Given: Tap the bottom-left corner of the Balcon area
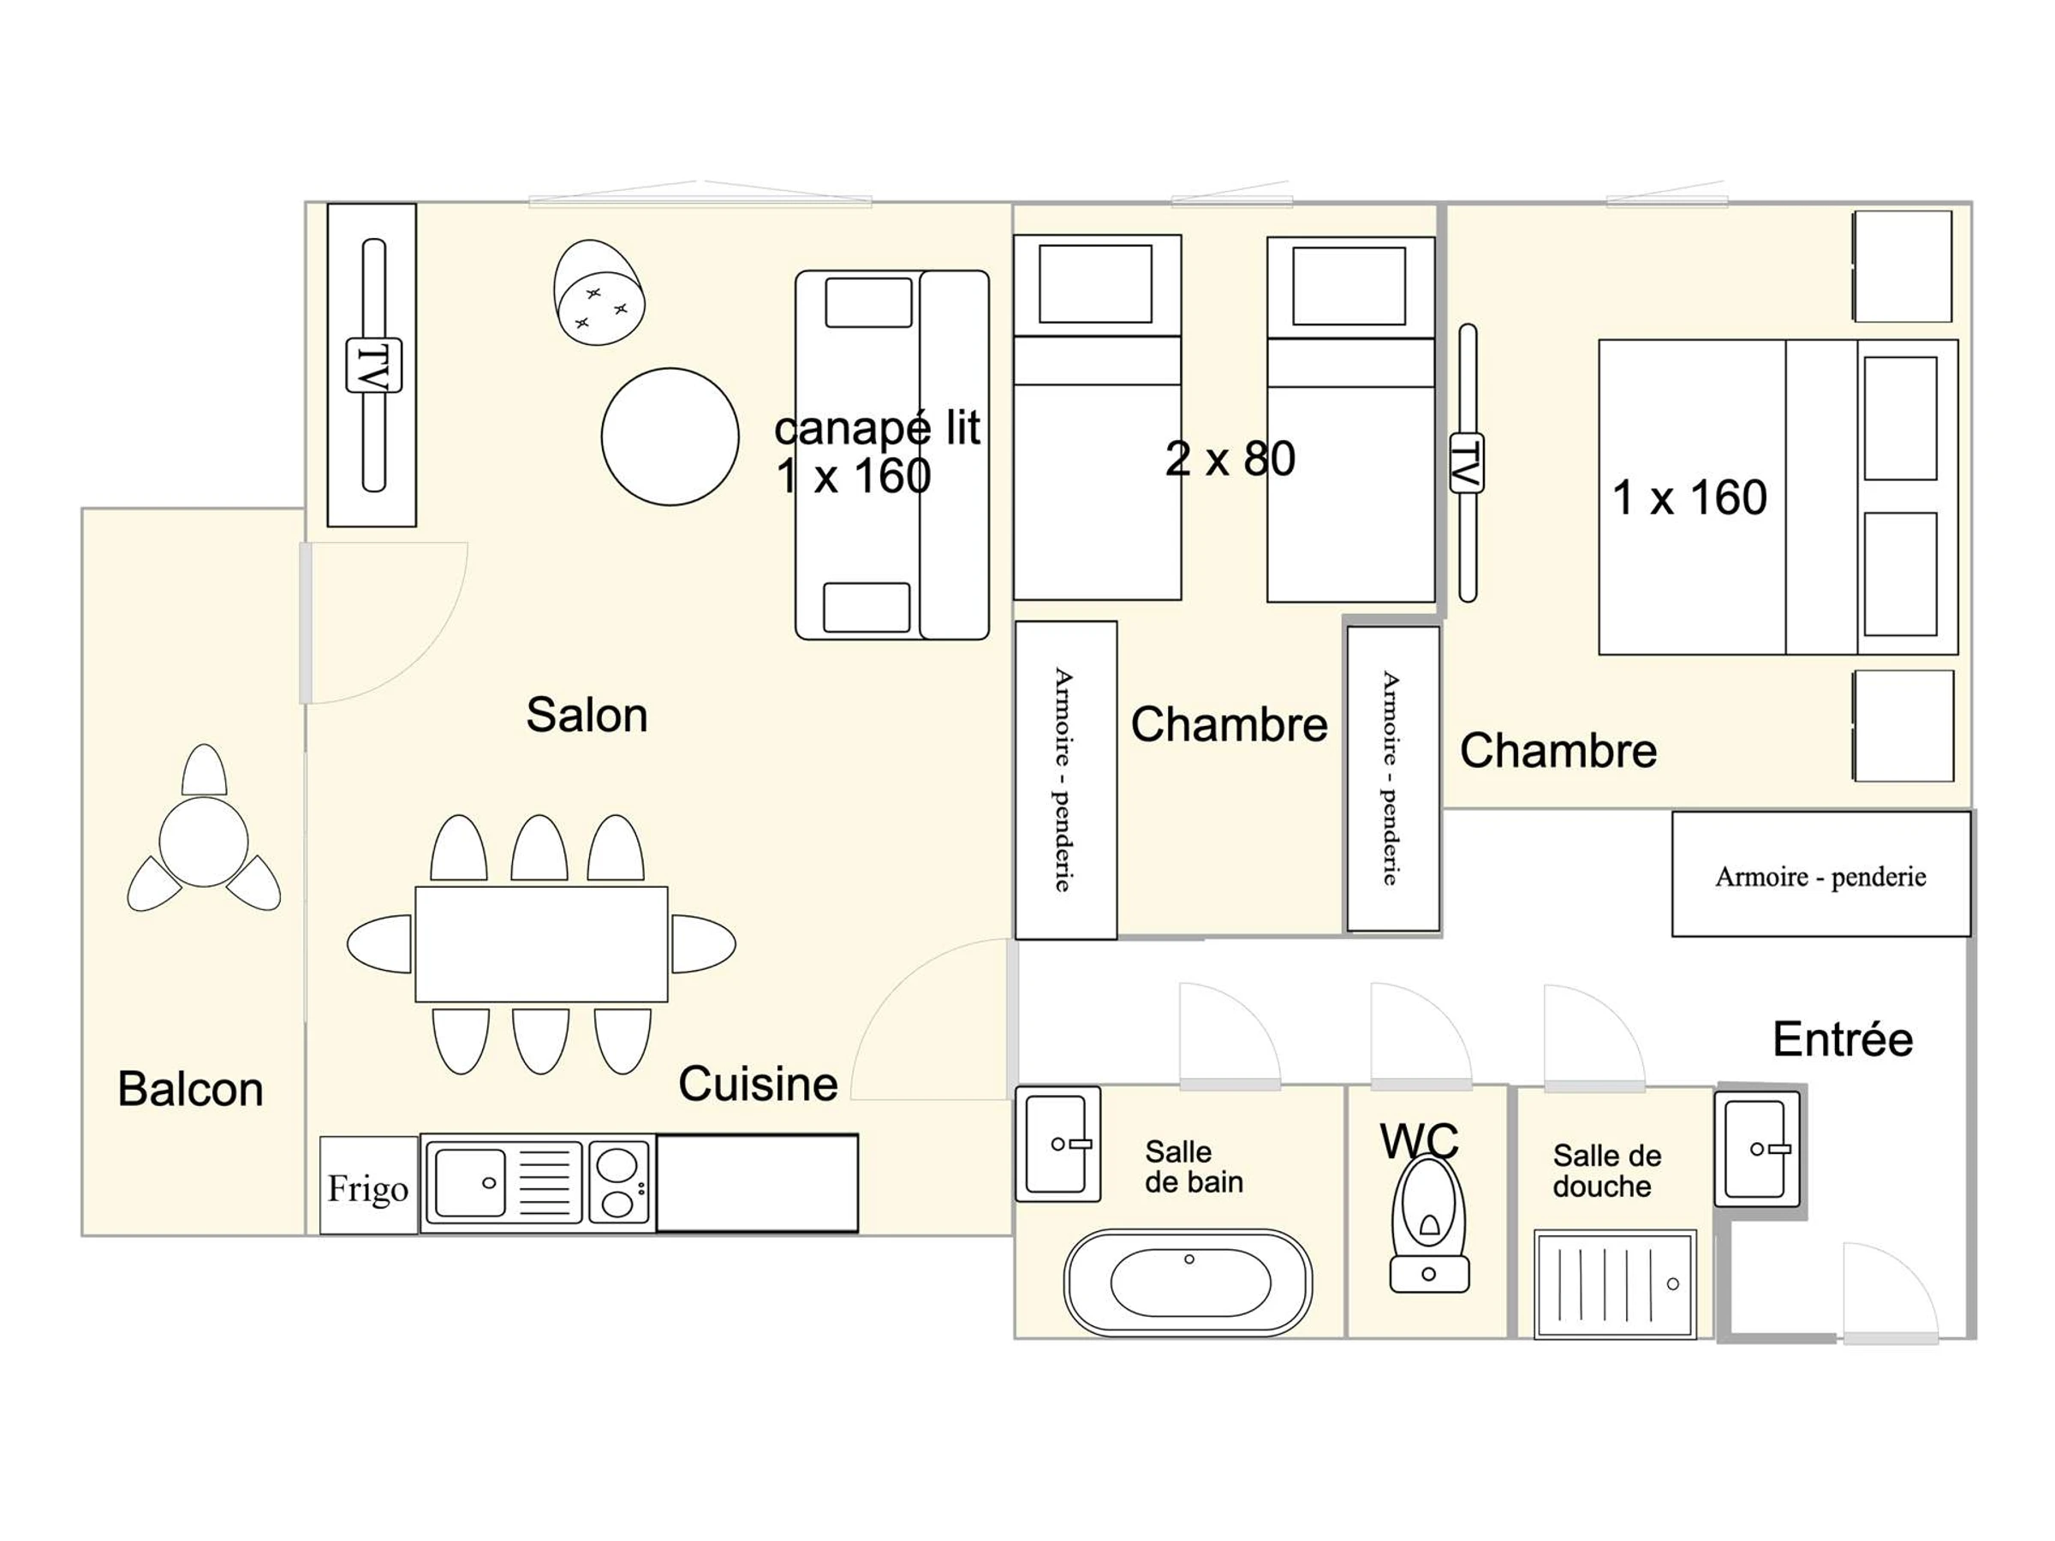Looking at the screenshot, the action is pos(83,1235).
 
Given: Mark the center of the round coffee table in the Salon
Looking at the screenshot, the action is pos(670,437).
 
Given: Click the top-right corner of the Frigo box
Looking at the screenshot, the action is pos(418,1137).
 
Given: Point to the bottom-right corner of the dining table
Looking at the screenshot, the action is pos(668,1002).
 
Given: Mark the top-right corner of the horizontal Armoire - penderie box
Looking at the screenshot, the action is pos(1970,812).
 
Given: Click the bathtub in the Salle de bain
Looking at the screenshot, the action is pos(1188,1282).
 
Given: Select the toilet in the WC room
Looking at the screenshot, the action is pos(1430,1223).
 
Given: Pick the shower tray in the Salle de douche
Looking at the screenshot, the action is pos(1616,1283).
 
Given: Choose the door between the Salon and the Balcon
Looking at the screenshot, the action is pos(384,622).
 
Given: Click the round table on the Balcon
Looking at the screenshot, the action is pos(204,842).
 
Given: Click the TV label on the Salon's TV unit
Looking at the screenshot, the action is pos(373,365).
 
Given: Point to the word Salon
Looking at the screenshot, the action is pos(587,715).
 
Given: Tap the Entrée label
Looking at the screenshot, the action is pos(1844,1038).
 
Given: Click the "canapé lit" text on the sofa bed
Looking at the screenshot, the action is pos(877,428).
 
